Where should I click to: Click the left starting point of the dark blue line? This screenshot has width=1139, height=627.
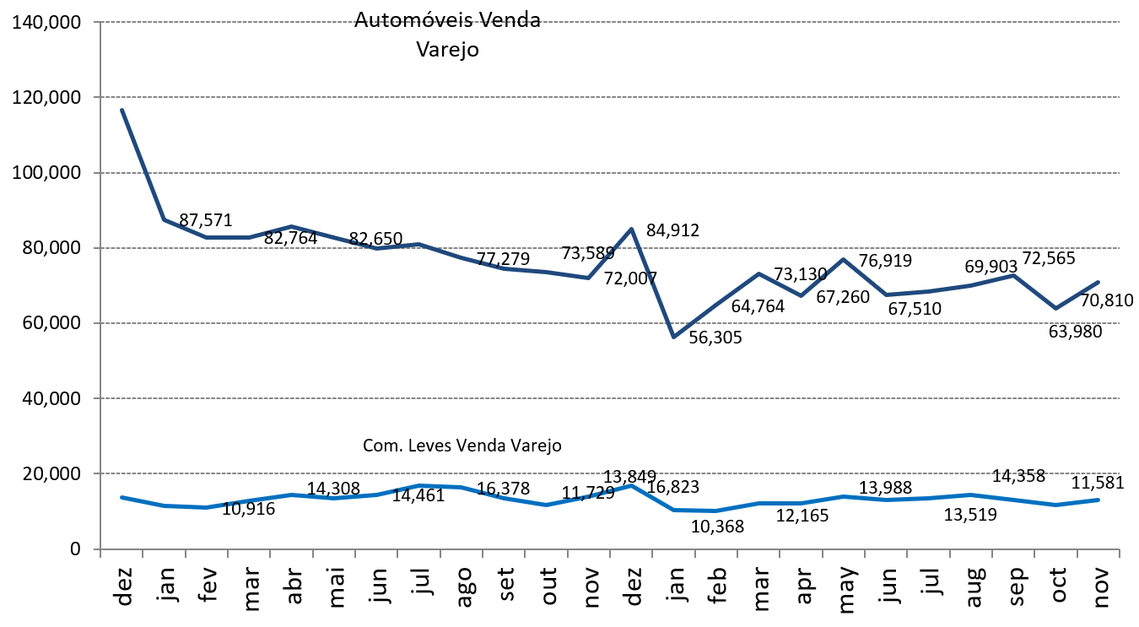click(x=121, y=110)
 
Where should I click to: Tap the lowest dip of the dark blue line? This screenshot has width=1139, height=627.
click(x=673, y=337)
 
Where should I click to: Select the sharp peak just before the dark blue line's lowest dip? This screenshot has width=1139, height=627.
click(x=631, y=229)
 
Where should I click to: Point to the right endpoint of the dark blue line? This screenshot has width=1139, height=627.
click(x=1099, y=282)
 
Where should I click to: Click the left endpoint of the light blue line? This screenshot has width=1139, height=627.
click(x=121, y=497)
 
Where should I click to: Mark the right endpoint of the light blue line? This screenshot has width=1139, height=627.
click(x=1099, y=500)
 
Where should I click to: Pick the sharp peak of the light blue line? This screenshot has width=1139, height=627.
click(x=631, y=485)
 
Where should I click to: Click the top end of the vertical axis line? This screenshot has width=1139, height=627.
click(x=100, y=23)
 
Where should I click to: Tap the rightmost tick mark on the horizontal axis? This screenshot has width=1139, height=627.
click(x=1120, y=553)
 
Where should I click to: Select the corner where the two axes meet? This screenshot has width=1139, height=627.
click(x=100, y=549)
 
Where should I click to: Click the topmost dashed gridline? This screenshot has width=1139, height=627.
click(x=591, y=22)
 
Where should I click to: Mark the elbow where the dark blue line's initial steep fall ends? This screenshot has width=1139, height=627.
click(x=164, y=219)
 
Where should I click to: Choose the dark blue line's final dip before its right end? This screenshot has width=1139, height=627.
click(x=1055, y=308)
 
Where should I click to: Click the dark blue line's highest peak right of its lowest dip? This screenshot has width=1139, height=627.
click(x=843, y=259)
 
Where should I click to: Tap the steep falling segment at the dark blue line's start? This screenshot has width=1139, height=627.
click(x=143, y=165)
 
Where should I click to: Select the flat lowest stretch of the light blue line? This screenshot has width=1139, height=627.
click(x=696, y=511)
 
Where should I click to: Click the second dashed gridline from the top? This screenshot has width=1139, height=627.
click(x=591, y=97)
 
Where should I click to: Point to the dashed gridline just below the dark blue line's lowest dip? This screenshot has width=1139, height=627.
click(x=591, y=398)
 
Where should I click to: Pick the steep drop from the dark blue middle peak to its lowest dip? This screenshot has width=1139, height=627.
click(x=652, y=283)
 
